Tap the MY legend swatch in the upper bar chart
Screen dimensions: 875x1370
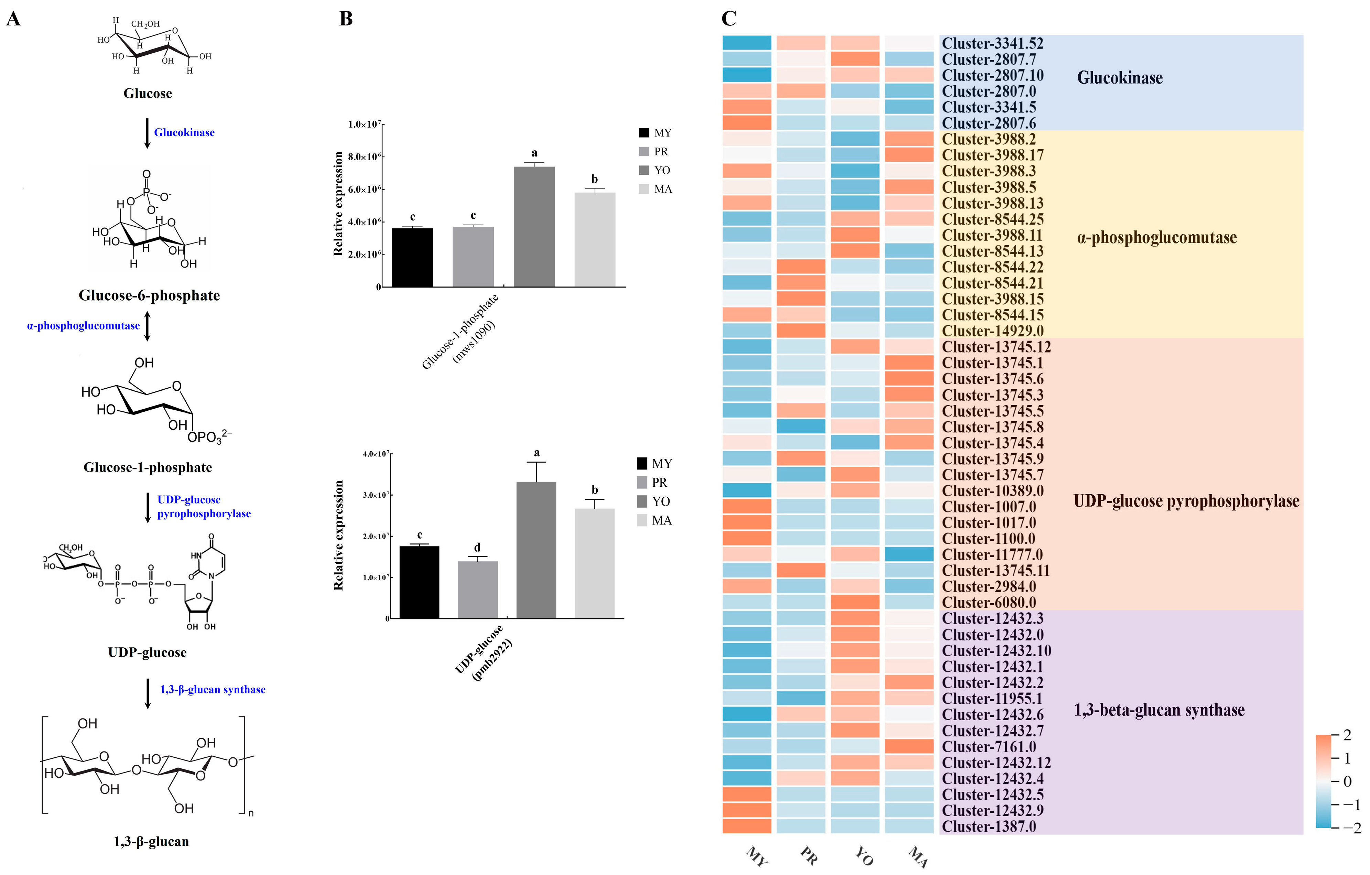(x=644, y=132)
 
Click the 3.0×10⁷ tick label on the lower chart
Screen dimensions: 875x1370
(x=376, y=495)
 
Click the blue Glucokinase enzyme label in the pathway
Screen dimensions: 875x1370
(x=184, y=132)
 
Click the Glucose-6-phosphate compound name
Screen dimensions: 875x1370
(x=149, y=295)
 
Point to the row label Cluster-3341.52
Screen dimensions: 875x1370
(x=992, y=43)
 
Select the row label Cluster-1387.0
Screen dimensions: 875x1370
(x=989, y=826)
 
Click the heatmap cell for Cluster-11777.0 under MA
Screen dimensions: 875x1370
(x=909, y=554)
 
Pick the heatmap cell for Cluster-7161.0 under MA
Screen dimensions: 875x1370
(x=909, y=746)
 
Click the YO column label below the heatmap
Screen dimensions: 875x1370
(x=864, y=855)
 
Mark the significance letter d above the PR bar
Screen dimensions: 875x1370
(x=477, y=547)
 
